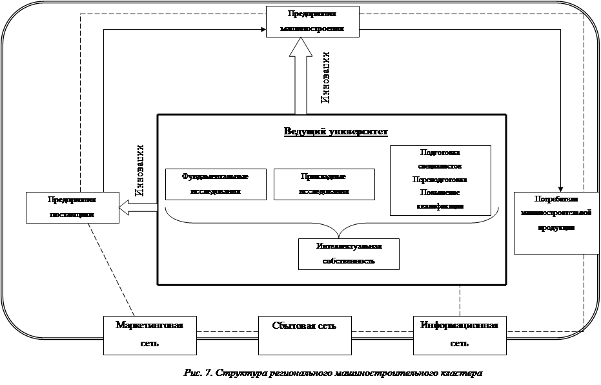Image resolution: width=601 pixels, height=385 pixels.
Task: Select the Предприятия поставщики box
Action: pyautogui.click(x=72, y=207)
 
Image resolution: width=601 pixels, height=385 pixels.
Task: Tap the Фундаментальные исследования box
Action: pyautogui.click(x=215, y=184)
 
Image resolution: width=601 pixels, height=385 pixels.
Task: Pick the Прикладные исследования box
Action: pyautogui.click(x=324, y=184)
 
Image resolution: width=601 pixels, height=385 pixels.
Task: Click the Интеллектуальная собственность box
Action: pyautogui.click(x=349, y=254)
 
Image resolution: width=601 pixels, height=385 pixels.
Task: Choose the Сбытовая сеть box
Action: pyautogui.click(x=305, y=334)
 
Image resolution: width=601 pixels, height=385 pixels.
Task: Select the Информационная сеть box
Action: pyautogui.click(x=460, y=334)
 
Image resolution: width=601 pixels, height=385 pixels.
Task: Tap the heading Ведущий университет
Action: pyautogui.click(x=336, y=132)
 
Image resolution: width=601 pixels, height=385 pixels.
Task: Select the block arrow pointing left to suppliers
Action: pyautogui.click(x=138, y=207)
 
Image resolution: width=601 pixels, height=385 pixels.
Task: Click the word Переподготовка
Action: pyautogui.click(x=440, y=180)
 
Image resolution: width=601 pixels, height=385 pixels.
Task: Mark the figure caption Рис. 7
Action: pyautogui.click(x=333, y=374)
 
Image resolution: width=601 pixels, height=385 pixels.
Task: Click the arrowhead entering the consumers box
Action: pyautogui.click(x=560, y=189)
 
